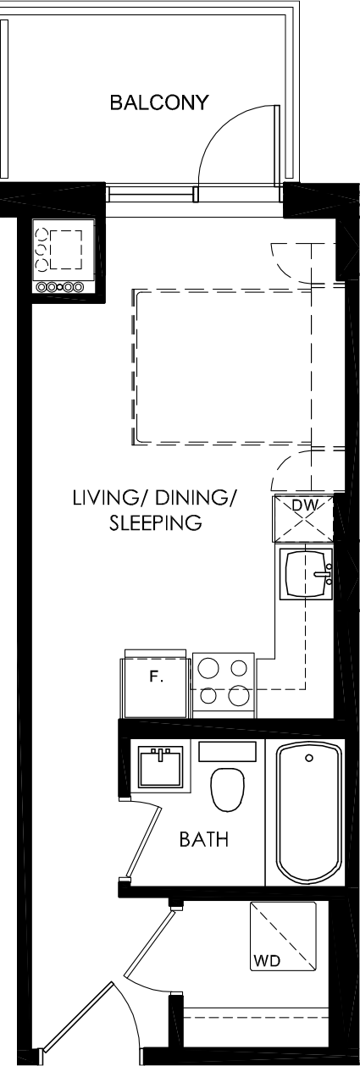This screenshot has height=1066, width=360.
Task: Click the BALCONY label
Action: tap(159, 102)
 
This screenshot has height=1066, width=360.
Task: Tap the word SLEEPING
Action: tap(156, 522)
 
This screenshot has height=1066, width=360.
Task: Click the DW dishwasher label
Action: tap(305, 505)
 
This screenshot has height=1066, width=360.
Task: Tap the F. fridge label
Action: tap(156, 677)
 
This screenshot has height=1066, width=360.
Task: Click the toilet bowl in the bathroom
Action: tap(228, 789)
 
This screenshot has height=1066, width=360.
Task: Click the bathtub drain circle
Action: tap(309, 758)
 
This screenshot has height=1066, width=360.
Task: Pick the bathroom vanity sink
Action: tap(160, 766)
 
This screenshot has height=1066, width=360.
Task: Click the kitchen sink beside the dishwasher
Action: tap(306, 573)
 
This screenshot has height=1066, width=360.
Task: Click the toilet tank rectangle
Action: tap(228, 751)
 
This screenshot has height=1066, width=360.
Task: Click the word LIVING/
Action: tap(106, 498)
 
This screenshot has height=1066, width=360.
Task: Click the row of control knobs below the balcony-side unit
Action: tap(60, 287)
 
